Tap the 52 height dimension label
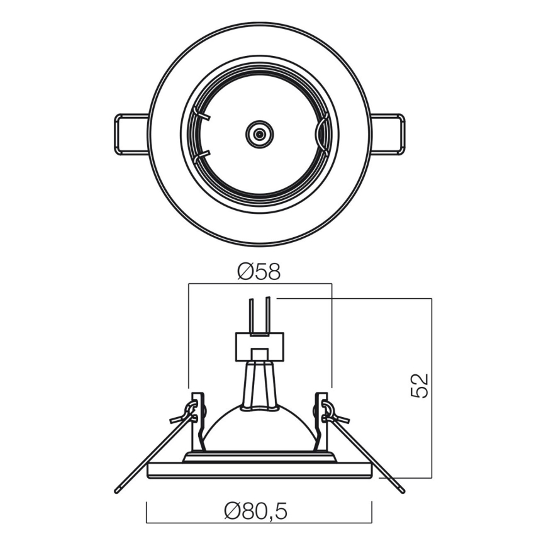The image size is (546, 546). click(x=420, y=385)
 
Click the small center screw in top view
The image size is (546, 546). click(x=259, y=134)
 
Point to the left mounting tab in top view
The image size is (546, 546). click(x=130, y=133)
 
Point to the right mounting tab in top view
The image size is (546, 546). click(x=388, y=133)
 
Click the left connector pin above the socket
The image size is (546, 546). click(x=250, y=315)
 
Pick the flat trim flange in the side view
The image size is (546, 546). click(x=259, y=471)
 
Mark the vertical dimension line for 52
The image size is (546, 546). click(x=432, y=387)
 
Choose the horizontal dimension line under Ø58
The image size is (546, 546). click(x=259, y=284)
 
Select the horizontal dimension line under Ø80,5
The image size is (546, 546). click(x=259, y=522)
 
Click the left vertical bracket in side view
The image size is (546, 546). click(x=198, y=421)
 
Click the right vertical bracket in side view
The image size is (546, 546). click(x=321, y=421)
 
